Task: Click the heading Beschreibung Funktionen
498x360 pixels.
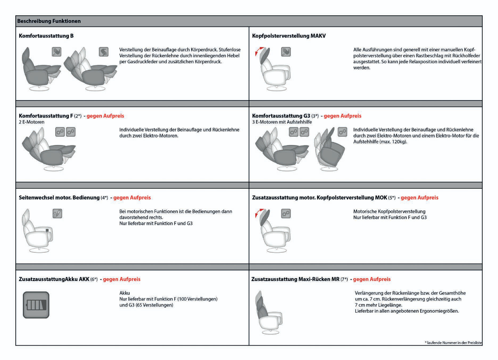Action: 49,21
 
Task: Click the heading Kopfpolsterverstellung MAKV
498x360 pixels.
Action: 289,36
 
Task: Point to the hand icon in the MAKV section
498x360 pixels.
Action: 286,52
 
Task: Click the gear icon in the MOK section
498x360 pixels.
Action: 286,214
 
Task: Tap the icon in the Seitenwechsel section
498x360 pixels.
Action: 57,214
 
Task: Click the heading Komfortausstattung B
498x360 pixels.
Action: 46,36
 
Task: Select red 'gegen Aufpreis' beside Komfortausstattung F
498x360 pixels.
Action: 105,116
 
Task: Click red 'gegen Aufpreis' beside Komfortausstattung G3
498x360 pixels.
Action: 343,116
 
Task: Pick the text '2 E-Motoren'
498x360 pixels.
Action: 32,122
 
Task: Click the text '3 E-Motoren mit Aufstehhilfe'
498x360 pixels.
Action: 282,122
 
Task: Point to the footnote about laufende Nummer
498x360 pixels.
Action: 454,342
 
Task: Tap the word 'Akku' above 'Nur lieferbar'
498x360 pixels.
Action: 124,293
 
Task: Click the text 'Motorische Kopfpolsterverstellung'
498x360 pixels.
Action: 389,212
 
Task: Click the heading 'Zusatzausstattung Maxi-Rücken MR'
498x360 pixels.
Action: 296,279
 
